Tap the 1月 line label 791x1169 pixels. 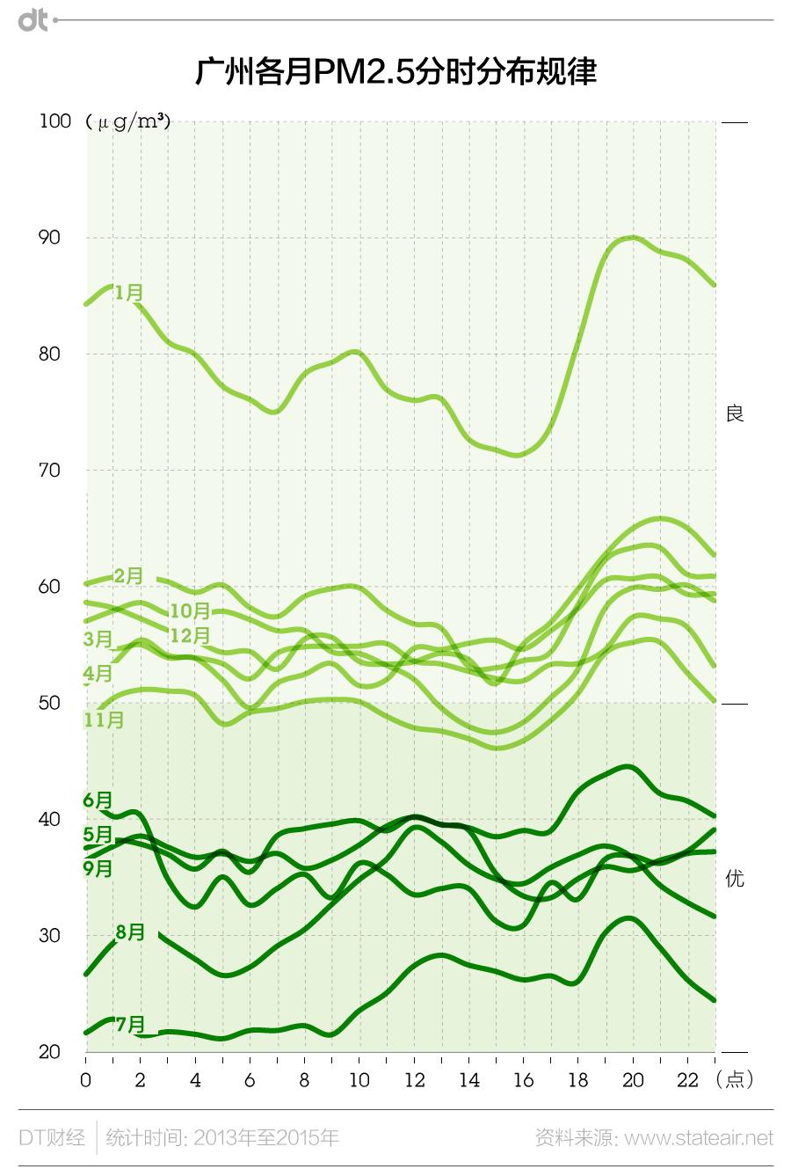[128, 292]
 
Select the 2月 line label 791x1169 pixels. [128, 576]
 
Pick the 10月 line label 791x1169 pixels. [190, 610]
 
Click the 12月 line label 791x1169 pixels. [190, 635]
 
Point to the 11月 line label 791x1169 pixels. [104, 720]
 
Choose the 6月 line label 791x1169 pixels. [98, 800]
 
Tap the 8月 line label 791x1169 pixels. [130, 932]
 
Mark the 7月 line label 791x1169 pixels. [130, 1025]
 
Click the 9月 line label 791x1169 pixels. [98, 869]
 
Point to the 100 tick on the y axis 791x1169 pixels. [55, 121]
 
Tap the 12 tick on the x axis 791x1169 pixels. [414, 1080]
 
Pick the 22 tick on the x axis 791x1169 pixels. [687, 1080]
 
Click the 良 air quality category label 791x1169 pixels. [735, 413]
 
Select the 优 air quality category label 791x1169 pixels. [735, 878]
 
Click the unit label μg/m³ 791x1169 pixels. [128, 122]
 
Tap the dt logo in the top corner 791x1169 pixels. [33, 19]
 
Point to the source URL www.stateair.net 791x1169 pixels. [700, 1138]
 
